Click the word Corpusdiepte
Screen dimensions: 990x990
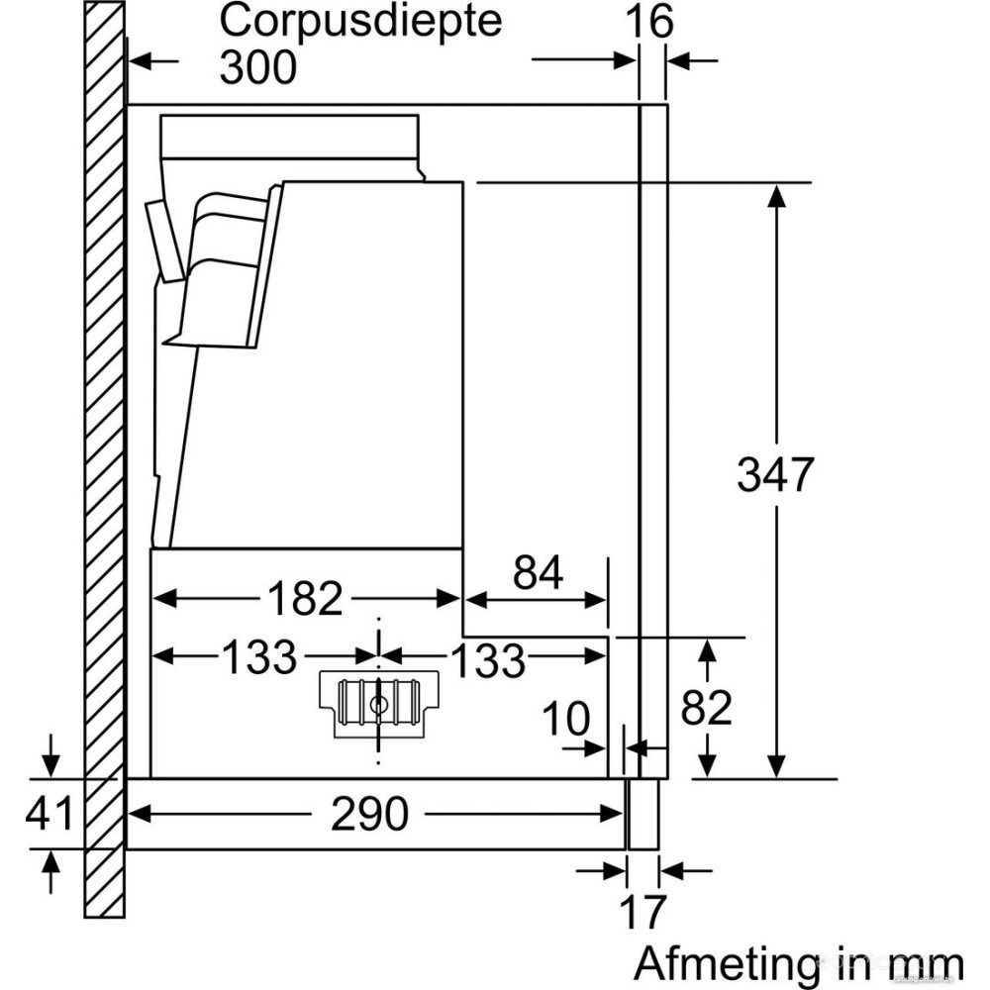point(360,22)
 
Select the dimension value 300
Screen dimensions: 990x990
point(257,67)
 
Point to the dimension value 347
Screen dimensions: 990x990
point(774,476)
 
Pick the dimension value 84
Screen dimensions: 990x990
point(538,573)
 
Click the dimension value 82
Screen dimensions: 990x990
point(707,708)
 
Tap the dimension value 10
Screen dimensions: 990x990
point(565,718)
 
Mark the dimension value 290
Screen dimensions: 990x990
point(370,814)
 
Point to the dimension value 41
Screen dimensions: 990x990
point(49,814)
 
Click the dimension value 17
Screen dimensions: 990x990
point(643,912)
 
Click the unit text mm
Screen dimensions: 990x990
point(924,964)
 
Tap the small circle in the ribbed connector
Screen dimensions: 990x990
point(378,705)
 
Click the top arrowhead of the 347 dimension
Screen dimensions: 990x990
point(777,194)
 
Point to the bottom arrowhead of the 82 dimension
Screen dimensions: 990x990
point(707,767)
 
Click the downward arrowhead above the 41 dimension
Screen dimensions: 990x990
point(49,766)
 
